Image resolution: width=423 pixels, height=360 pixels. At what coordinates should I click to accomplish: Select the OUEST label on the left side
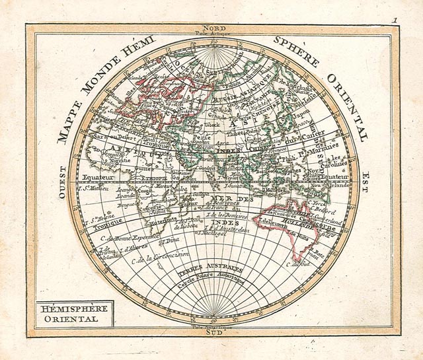tap(62, 181)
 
